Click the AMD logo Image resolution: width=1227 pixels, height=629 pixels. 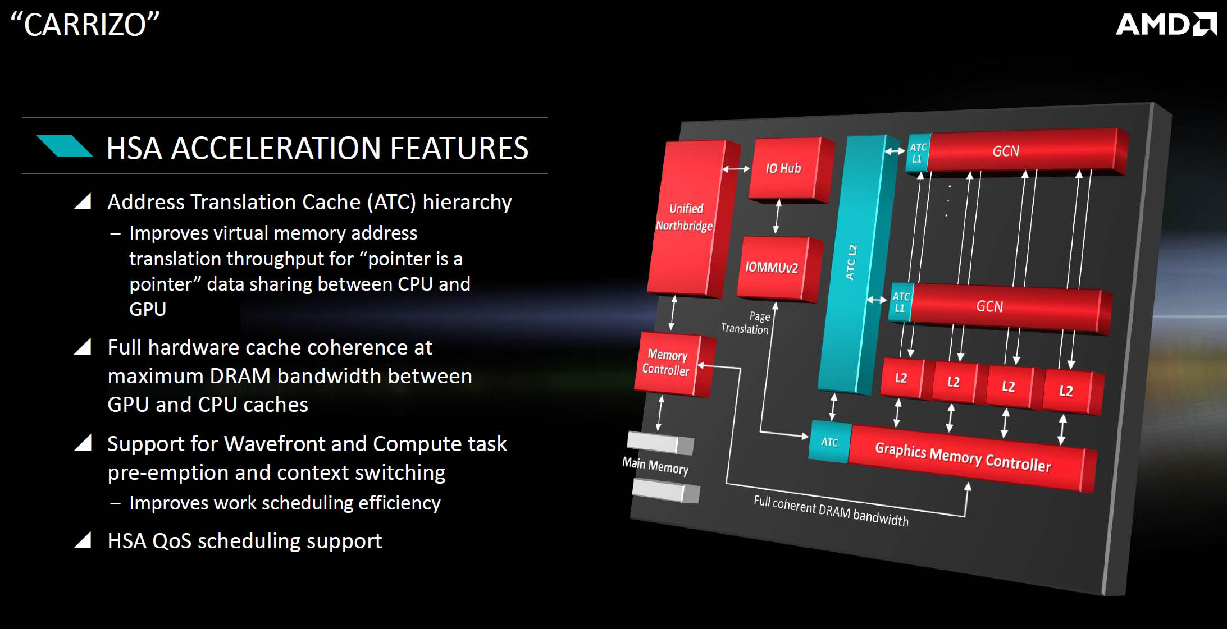[1166, 24]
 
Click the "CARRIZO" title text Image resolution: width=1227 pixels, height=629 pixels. [85, 25]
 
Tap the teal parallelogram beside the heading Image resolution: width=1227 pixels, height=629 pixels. [64, 145]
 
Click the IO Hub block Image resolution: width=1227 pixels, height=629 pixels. [788, 169]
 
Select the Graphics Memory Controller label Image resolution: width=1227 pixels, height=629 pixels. [963, 457]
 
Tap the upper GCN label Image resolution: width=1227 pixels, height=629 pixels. [1005, 151]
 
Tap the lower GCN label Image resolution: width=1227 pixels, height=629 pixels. [989, 306]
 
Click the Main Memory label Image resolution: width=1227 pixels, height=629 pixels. [655, 466]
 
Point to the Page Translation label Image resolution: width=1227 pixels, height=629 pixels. [746, 323]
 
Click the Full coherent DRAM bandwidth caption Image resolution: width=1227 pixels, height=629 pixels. [831, 511]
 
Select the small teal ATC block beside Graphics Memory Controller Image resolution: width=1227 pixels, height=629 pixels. [830, 442]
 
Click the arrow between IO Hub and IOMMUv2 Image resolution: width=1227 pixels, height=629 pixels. [777, 216]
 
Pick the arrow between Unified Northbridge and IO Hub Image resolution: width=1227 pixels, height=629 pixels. [736, 168]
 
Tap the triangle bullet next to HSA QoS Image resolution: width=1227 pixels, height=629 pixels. [83, 540]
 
